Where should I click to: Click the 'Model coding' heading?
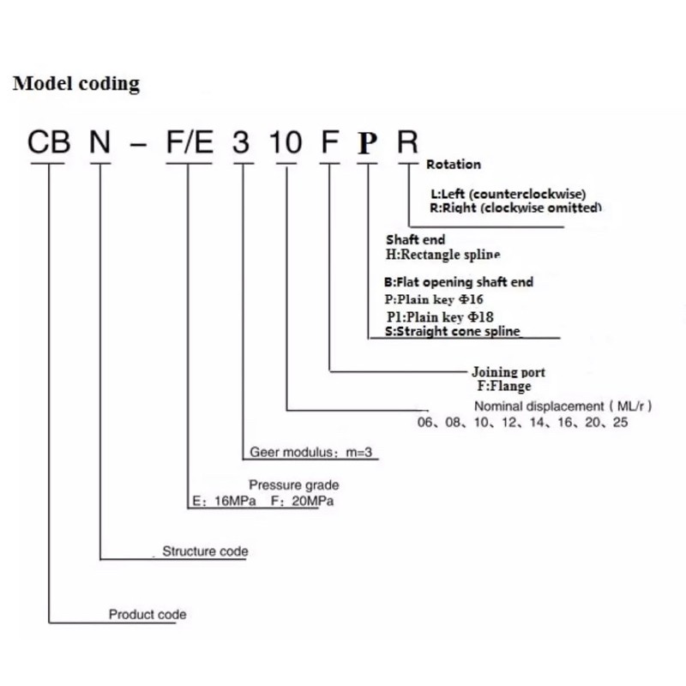tap(76, 83)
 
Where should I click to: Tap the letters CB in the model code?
tap(49, 142)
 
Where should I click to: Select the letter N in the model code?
tap(99, 142)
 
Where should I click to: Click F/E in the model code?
tap(190, 142)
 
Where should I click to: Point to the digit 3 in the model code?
tap(241, 142)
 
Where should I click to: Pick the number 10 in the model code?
tap(286, 142)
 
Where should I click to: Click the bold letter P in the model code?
tap(368, 143)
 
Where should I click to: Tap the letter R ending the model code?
tap(407, 142)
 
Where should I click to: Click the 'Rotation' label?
tap(454, 165)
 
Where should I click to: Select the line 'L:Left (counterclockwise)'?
tap(508, 194)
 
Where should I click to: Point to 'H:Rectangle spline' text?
tap(442, 254)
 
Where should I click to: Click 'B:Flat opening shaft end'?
tap(459, 282)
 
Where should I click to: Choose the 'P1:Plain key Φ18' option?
tap(440, 316)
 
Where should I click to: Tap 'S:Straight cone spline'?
tap(453, 331)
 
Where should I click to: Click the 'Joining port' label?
tap(508, 372)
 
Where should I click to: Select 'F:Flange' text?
tap(504, 386)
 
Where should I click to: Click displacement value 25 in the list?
tap(620, 422)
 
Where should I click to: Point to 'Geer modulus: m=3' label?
tap(310, 452)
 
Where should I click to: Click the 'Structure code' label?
tap(205, 551)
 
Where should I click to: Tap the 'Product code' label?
tap(147, 614)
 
